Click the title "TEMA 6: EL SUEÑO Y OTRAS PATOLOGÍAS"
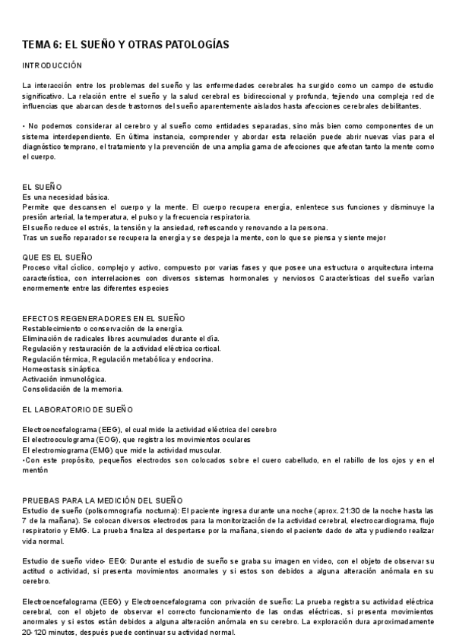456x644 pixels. point(125,45)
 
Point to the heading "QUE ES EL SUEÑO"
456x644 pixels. point(57,257)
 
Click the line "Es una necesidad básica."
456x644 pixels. point(66,197)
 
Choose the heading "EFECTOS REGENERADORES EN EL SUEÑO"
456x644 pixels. point(104,317)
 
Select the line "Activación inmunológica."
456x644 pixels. point(65,378)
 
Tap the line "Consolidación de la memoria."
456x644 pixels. point(73,389)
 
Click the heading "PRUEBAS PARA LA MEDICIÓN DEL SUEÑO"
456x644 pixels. point(103,500)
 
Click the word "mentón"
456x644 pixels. point(35,470)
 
